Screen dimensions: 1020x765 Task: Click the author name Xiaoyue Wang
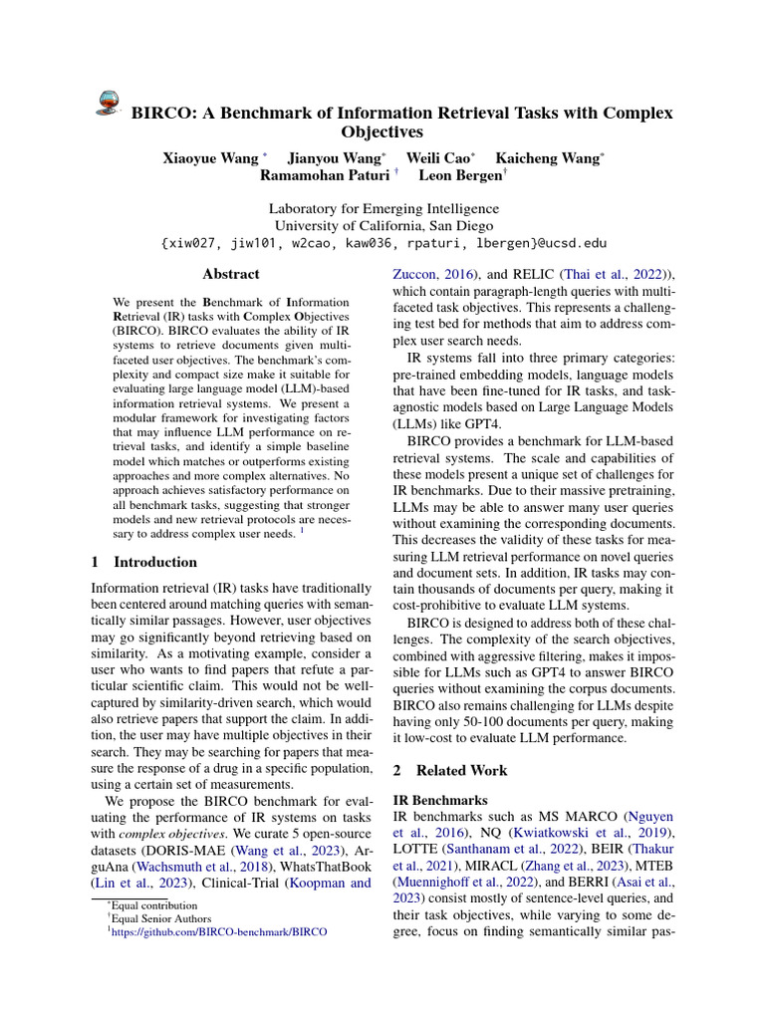coord(212,157)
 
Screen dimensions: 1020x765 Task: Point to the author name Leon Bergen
coord(461,175)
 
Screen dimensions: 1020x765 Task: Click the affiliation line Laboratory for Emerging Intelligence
coord(383,209)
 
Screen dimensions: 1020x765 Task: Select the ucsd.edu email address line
coord(382,242)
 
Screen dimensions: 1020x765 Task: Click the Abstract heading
coord(230,274)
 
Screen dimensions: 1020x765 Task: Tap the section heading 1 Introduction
coord(144,562)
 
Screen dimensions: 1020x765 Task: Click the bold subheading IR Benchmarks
coord(441,800)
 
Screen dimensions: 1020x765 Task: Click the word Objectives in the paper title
coord(382,131)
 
